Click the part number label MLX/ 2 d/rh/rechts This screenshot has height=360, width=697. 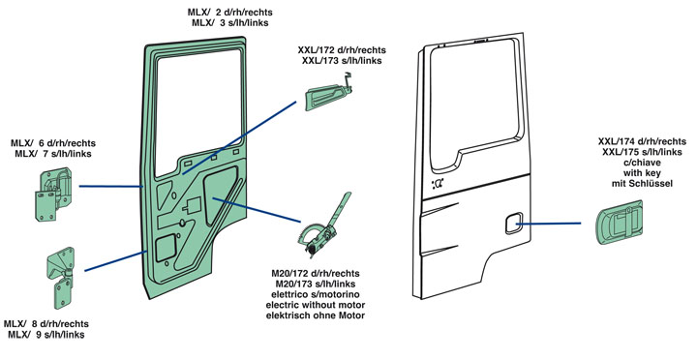pyautogui.click(x=229, y=13)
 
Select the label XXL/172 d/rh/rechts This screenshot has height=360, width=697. pyautogui.click(x=342, y=49)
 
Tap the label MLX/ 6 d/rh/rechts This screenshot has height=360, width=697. pyautogui.click(x=53, y=143)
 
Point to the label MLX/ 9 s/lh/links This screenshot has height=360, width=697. pyautogui.click(x=45, y=334)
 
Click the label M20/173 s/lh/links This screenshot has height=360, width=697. pyautogui.click(x=316, y=284)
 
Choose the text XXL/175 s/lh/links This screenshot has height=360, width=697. pyautogui.click(x=642, y=152)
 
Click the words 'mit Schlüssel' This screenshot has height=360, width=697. pyautogui.click(x=642, y=183)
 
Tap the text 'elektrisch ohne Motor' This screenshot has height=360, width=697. pyautogui.click(x=316, y=315)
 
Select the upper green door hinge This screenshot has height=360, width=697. pyautogui.click(x=53, y=194)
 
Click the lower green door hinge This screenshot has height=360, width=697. pyautogui.click(x=60, y=278)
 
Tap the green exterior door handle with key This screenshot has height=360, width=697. pyautogui.click(x=619, y=223)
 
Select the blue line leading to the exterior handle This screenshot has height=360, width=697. pyautogui.click(x=549, y=224)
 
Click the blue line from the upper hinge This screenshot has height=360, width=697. pyautogui.click(x=111, y=187)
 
